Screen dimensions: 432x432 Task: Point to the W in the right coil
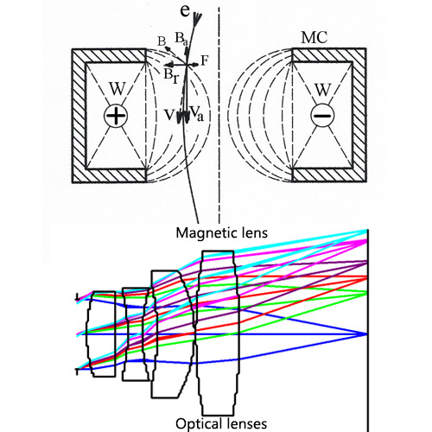tap(321, 89)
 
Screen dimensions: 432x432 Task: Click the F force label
tap(204, 60)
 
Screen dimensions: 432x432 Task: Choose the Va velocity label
tap(196, 112)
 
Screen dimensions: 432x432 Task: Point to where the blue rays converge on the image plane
tap(367, 334)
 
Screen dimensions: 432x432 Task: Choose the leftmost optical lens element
tap(101, 333)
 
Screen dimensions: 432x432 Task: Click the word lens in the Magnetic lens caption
tap(251, 233)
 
